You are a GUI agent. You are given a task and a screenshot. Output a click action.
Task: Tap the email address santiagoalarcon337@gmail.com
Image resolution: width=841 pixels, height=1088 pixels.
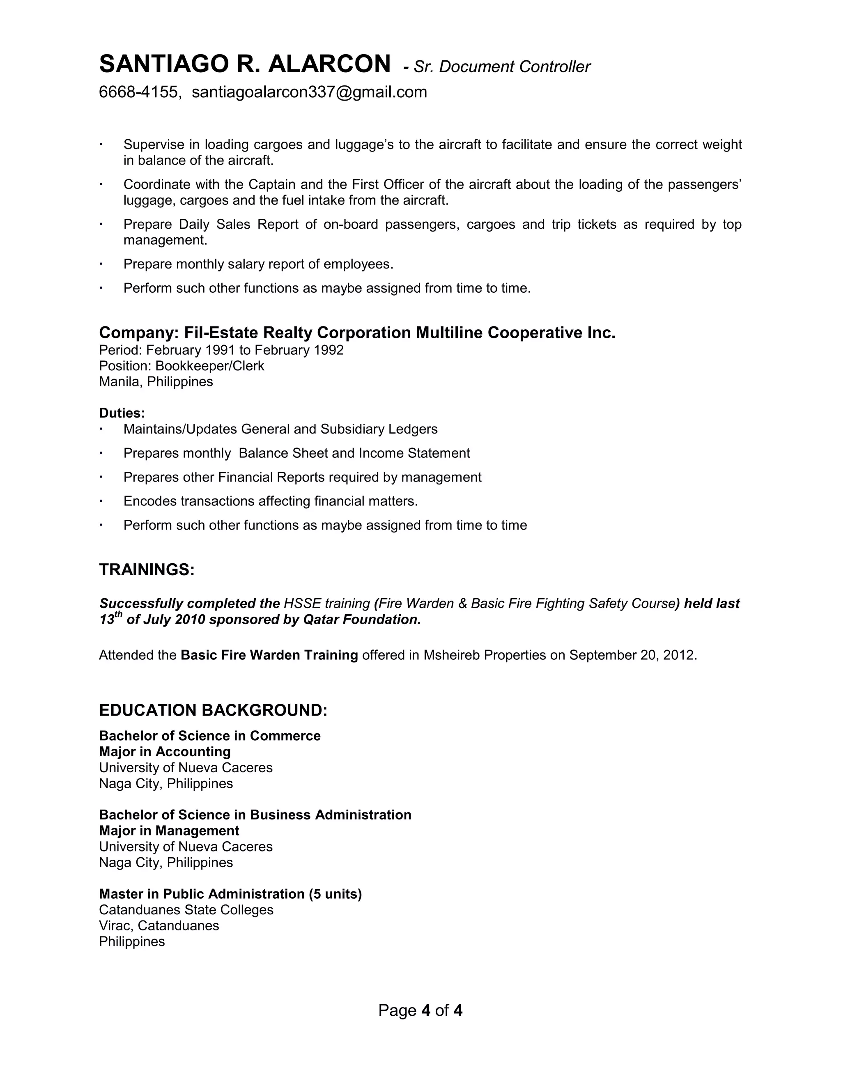[x=309, y=92]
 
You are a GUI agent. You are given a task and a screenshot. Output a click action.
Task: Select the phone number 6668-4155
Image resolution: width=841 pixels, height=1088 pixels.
[x=138, y=92]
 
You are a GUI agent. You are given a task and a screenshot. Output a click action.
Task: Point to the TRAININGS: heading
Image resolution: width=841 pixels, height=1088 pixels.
[x=147, y=569]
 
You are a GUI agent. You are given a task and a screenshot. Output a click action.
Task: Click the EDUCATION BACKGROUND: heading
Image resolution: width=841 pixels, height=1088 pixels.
[x=213, y=710]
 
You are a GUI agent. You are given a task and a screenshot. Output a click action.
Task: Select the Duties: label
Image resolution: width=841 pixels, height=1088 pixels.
[x=122, y=413]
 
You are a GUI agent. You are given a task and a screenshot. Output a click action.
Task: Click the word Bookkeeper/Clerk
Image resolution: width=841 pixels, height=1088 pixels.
[x=210, y=366]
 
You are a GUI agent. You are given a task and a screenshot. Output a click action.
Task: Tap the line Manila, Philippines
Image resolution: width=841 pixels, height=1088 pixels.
[x=156, y=382]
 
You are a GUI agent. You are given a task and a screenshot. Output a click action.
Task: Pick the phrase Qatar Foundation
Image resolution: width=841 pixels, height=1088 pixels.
[x=362, y=620]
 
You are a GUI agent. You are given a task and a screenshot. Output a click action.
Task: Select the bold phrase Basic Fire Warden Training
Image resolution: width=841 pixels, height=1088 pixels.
[x=269, y=655]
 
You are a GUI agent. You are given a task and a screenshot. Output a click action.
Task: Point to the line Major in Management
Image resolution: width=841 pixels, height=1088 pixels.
[x=169, y=831]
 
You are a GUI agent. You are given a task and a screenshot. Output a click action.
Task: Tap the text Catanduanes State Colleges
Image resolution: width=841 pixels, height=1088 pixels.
[x=186, y=910]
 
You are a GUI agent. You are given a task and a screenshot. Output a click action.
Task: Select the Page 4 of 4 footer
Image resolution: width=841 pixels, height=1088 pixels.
[x=420, y=1010]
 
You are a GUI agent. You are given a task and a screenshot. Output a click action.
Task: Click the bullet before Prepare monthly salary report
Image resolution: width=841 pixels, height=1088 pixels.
[x=101, y=264]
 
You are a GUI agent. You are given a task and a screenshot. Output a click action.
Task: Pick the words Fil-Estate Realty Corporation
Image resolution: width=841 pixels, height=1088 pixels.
[x=297, y=333]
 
